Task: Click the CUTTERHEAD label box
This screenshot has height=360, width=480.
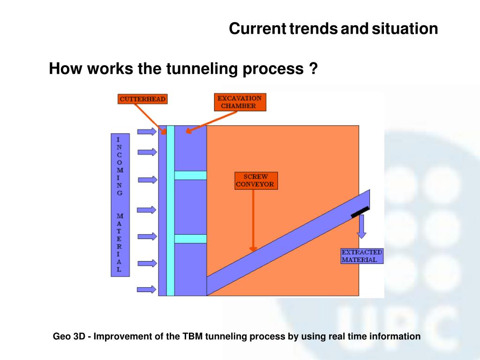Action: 142,99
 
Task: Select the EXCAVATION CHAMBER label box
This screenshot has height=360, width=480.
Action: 239,102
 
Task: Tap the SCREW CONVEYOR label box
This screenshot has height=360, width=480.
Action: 256,180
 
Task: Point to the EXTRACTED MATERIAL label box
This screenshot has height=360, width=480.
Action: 362,256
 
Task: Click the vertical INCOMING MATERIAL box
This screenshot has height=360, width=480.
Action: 119,204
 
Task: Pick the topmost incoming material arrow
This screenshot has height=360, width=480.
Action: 147,132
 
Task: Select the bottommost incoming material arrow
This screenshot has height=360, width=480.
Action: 147,289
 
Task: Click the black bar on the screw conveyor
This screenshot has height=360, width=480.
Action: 360,211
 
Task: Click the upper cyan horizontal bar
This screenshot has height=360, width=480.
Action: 190,175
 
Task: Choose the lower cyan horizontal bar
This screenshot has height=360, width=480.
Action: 190,239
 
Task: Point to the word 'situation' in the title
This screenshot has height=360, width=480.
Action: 405,29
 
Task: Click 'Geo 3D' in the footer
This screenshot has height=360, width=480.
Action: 67,336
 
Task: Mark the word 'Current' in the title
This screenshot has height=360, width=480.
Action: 257,29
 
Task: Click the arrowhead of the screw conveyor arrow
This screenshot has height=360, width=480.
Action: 253,249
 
